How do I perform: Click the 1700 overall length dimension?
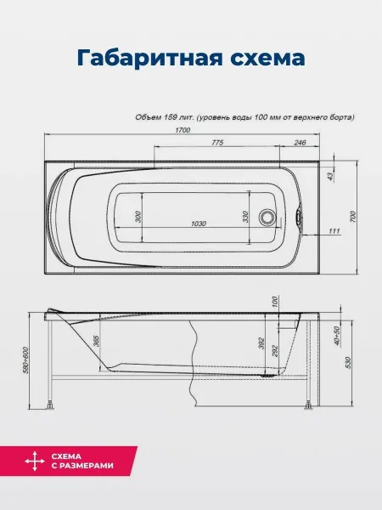pos(183,130)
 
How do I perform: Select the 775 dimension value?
pos(217,143)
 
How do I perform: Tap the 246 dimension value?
pos(300,143)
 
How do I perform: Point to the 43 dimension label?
pos(330,176)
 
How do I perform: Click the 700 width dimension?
pos(353,217)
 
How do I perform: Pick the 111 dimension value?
pos(334,231)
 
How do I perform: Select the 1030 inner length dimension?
pos(199,224)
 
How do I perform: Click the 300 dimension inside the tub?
pos(138,217)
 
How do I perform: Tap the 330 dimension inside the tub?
pos(245,217)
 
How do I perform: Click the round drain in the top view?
pos(267,217)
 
